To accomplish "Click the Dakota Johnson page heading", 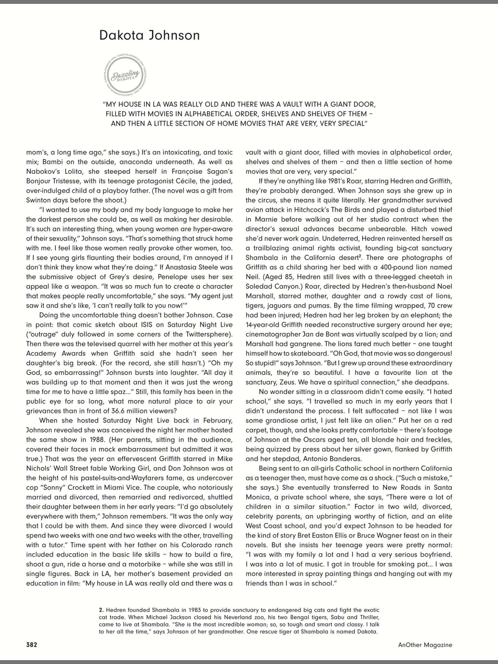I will pos(149,35).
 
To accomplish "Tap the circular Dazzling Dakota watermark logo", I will pos(125,75).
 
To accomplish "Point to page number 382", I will pos(31,645).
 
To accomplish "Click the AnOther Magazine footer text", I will pos(425,645).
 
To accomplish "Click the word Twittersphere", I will pos(207,334).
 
